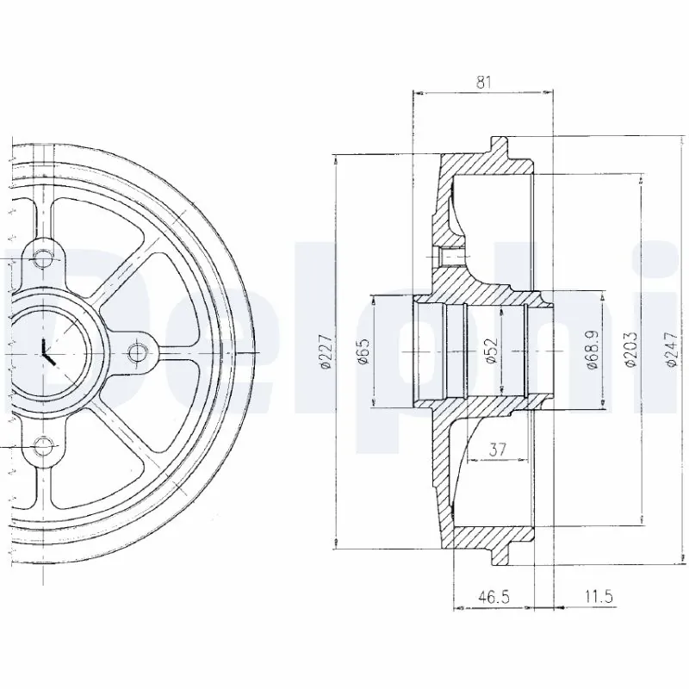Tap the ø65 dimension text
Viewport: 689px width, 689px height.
point(363,351)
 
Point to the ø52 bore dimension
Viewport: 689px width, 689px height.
point(490,351)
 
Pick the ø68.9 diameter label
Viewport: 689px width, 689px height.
point(593,351)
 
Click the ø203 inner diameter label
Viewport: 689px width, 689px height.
point(631,351)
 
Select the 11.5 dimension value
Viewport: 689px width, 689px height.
point(595,596)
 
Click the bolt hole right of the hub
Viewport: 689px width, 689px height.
point(136,351)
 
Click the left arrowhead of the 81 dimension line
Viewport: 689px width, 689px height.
point(418,90)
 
